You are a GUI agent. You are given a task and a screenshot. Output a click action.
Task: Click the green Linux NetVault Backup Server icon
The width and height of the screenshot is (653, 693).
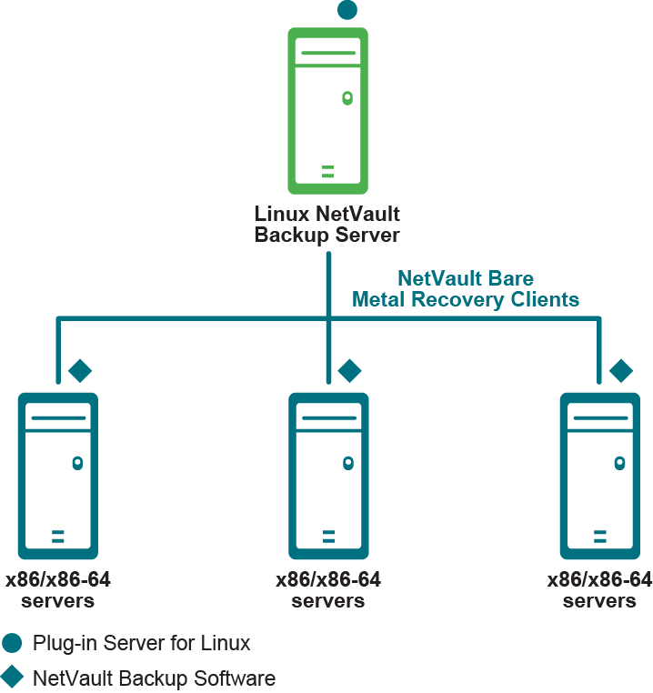click(x=327, y=110)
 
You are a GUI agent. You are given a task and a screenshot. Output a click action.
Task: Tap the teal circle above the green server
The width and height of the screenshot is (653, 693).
click(x=347, y=10)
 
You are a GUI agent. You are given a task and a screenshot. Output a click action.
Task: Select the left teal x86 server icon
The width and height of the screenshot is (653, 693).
click(x=57, y=475)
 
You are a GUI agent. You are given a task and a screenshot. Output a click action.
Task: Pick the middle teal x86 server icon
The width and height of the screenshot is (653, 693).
click(x=328, y=475)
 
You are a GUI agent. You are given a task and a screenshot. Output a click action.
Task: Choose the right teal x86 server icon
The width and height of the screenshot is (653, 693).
click(x=599, y=475)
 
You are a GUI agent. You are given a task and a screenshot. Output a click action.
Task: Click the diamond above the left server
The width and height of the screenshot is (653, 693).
click(x=80, y=370)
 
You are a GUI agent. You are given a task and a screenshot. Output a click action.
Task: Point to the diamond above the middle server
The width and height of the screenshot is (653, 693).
click(x=350, y=370)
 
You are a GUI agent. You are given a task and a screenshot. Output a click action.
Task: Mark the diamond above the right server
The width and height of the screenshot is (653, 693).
click(x=621, y=370)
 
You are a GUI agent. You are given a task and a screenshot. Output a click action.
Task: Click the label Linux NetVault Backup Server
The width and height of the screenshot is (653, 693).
click(x=327, y=225)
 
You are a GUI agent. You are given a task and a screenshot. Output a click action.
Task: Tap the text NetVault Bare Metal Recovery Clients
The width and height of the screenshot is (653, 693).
click(x=466, y=288)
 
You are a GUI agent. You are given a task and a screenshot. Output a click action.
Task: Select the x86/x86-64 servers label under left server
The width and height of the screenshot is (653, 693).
click(x=58, y=590)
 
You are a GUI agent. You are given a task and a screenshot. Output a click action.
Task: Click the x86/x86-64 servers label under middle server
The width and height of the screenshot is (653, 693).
click(x=328, y=590)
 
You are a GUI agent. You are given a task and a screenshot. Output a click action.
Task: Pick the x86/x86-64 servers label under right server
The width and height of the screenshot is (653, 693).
click(x=599, y=590)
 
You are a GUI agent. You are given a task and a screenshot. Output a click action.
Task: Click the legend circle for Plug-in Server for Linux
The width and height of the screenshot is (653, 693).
click(x=12, y=644)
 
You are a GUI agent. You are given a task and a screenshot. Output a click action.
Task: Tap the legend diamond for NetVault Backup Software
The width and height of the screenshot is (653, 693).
click(x=12, y=678)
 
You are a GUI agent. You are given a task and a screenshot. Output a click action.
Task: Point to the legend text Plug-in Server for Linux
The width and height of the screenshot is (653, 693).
click(x=141, y=644)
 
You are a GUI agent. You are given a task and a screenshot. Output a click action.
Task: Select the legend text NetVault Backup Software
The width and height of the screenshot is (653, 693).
click(x=154, y=678)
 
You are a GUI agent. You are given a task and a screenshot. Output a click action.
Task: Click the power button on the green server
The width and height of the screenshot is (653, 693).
click(x=347, y=97)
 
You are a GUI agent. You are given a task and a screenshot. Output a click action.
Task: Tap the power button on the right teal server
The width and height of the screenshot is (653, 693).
click(x=619, y=463)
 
